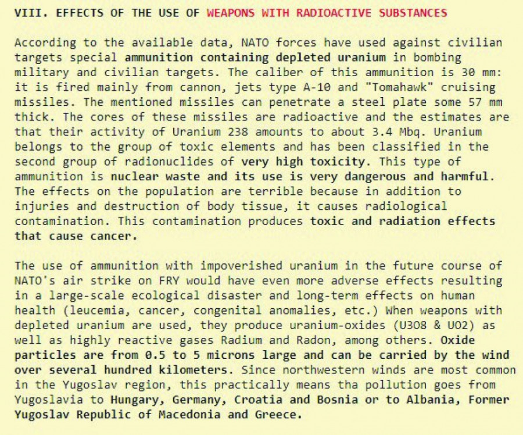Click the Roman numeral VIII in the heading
(27, 12)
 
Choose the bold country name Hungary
(133, 400)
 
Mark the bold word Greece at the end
(278, 415)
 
